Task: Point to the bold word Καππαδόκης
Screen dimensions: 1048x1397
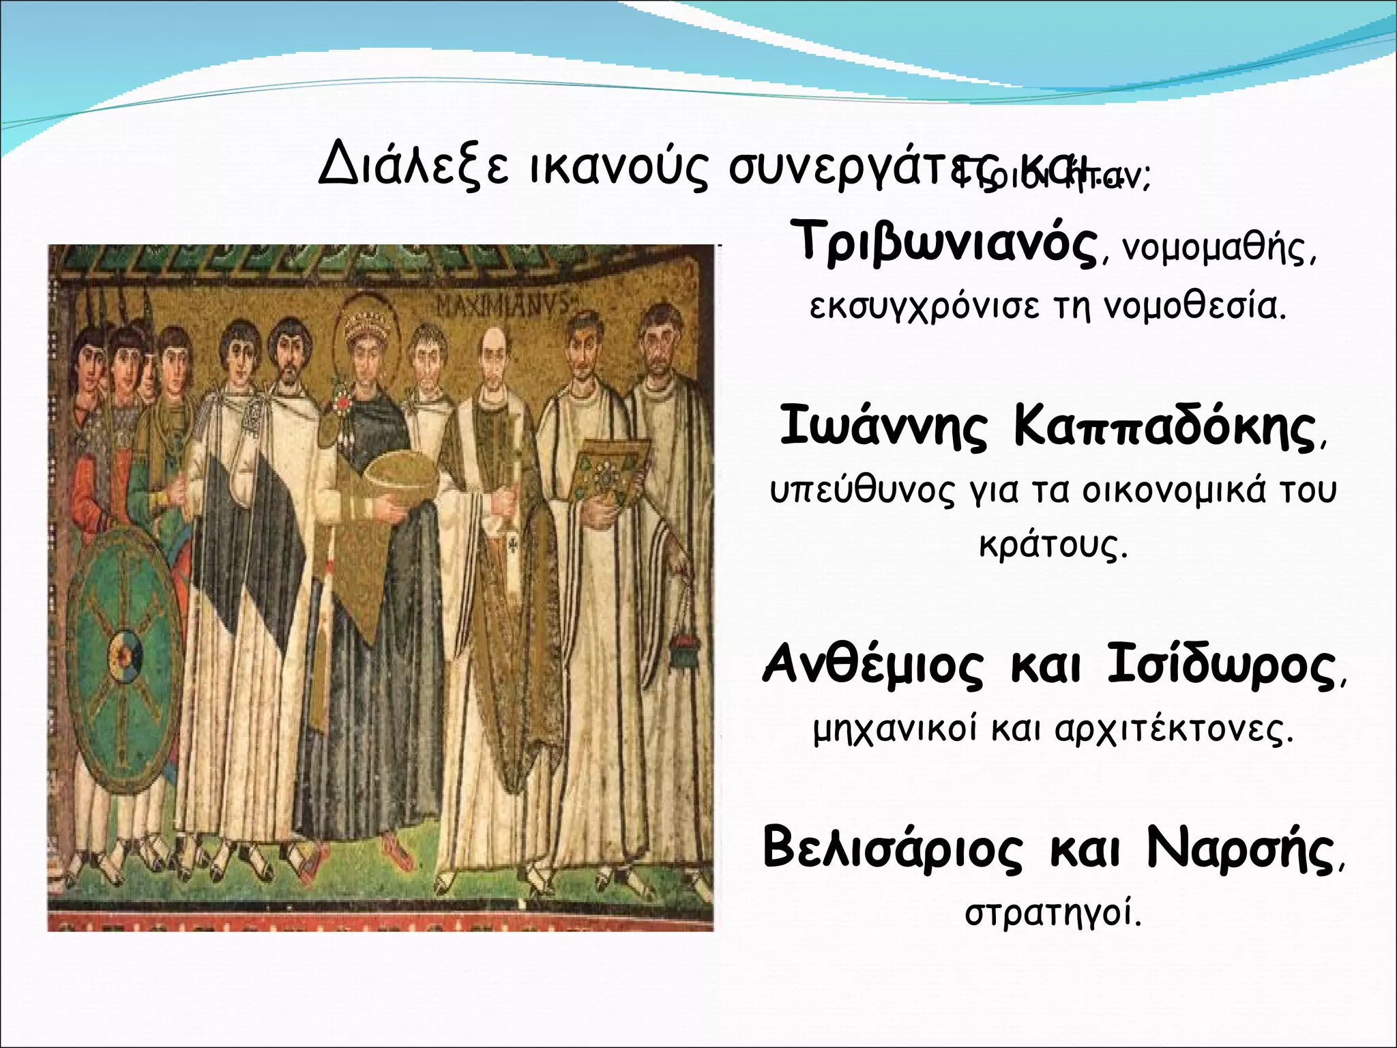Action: pos(1164,427)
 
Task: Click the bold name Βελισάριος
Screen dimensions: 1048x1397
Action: pos(892,848)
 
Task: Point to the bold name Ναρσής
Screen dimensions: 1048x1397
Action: pos(1239,848)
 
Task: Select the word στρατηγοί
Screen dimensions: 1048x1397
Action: pos(1053,913)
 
